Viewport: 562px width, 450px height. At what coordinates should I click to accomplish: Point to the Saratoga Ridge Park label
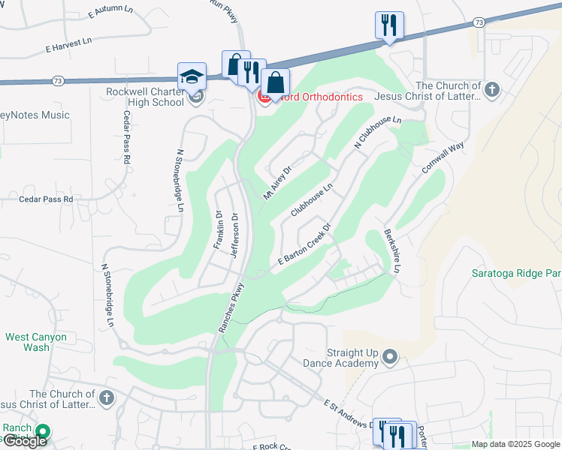(516, 274)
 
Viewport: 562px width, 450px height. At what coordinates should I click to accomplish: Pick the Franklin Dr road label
(219, 230)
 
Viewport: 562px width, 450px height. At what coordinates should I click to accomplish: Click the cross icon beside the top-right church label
(492, 91)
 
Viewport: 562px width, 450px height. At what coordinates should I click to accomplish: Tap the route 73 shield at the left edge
(58, 79)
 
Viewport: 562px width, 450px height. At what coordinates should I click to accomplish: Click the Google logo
(24, 441)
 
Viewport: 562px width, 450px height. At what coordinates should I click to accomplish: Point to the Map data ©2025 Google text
(515, 444)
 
